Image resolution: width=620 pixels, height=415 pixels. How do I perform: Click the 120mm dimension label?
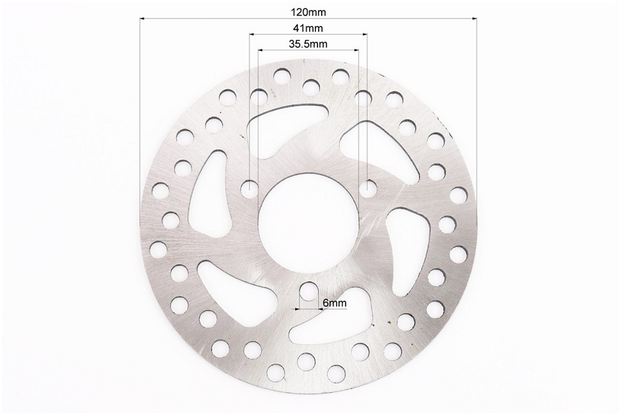tap(308, 12)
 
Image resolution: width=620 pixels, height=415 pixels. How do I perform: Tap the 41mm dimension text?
tap(308, 28)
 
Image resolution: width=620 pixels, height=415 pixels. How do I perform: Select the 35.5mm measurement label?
tap(308, 44)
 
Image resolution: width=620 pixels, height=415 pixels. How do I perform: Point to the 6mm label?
tap(335, 304)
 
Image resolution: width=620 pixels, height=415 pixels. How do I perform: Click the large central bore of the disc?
tap(308, 223)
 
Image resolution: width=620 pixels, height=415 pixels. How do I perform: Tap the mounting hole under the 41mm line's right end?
tap(368, 188)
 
